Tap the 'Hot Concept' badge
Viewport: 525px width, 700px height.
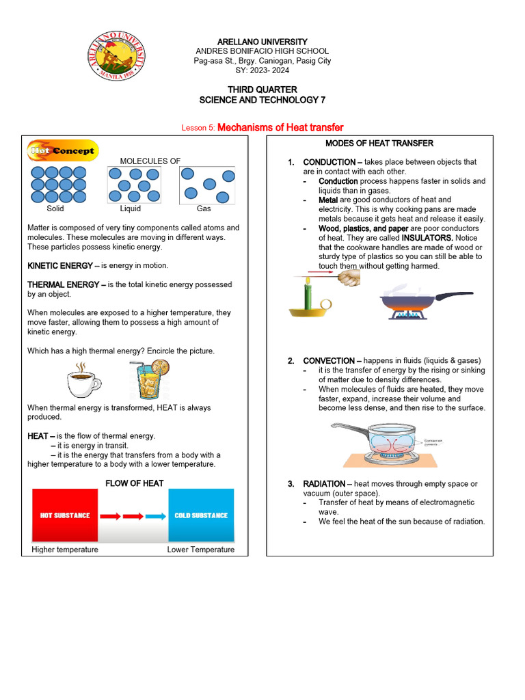click(x=62, y=150)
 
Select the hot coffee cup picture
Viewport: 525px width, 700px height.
click(x=83, y=381)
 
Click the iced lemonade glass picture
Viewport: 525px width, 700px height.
click(x=148, y=380)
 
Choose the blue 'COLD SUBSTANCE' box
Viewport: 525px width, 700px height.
click(x=201, y=515)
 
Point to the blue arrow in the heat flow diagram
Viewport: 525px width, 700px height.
click(x=156, y=516)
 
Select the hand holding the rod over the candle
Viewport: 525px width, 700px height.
click(x=349, y=278)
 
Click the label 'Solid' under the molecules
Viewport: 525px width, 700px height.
click(x=55, y=208)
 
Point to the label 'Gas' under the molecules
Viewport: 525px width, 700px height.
click(x=204, y=208)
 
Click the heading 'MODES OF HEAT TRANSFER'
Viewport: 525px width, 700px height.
click(x=379, y=143)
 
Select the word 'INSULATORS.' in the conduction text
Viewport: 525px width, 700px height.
click(x=427, y=238)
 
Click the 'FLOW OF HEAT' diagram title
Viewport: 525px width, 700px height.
click(x=134, y=483)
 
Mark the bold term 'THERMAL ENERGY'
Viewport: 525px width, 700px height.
click(x=59, y=284)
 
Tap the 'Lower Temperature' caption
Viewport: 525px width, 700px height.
click(x=200, y=550)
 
